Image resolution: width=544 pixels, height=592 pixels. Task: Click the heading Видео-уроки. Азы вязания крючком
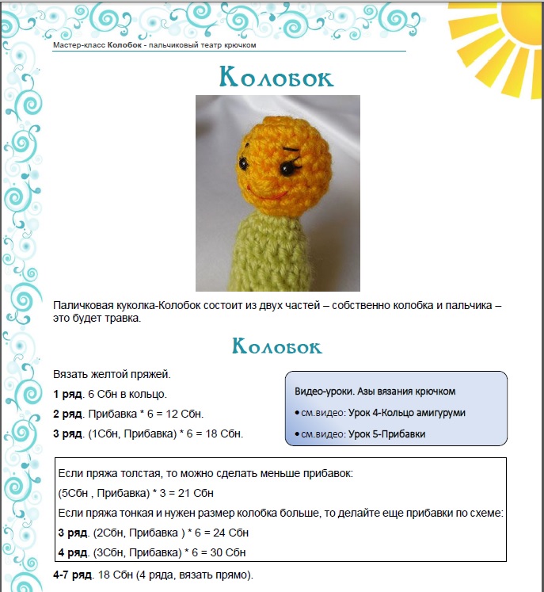pos(375,391)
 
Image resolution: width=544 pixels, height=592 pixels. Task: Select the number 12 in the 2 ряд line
pos(173,414)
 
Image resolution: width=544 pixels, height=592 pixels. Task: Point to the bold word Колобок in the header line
pos(124,45)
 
